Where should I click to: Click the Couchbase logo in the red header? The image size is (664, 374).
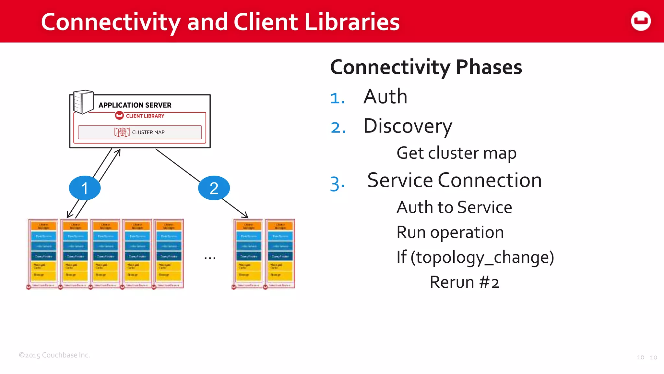[x=641, y=21]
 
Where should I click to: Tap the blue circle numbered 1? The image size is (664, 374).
[x=85, y=188]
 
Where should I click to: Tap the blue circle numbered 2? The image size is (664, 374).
[x=214, y=188]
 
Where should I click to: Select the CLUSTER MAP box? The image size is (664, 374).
[x=140, y=132]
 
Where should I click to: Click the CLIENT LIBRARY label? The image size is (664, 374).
[x=145, y=116]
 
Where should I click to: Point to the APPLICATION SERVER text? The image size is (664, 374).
[x=135, y=105]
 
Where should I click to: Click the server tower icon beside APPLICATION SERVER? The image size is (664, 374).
[x=83, y=102]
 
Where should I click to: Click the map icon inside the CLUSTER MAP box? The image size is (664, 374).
[x=122, y=132]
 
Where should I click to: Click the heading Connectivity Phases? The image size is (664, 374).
[x=426, y=67]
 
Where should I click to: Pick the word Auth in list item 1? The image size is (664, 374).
[x=385, y=97]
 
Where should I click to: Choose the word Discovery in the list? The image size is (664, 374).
[x=408, y=126]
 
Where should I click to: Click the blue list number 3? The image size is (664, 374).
[x=337, y=184]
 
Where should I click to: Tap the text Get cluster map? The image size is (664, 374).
[x=456, y=153]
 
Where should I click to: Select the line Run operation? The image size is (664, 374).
[x=450, y=232]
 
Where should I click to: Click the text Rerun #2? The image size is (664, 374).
[x=464, y=282]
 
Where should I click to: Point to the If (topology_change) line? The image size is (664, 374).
[x=475, y=257]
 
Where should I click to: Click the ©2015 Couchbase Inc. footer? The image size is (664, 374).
[x=54, y=355]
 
